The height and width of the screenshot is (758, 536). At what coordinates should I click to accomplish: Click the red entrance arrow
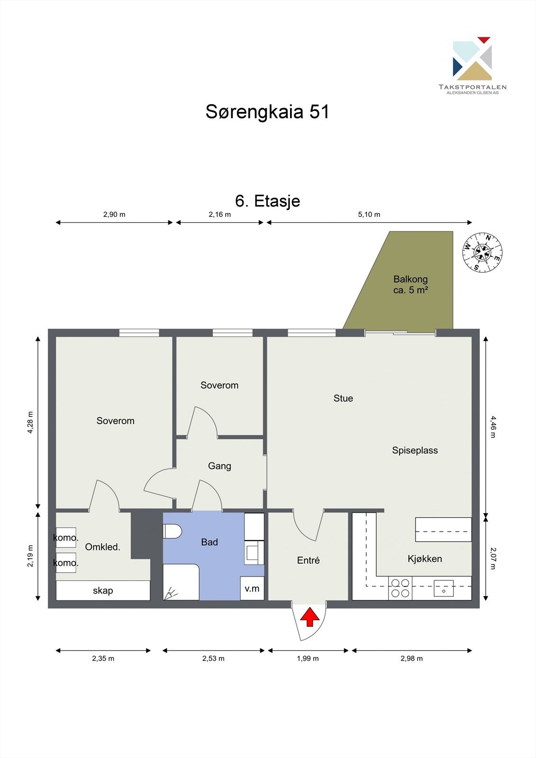[309, 618]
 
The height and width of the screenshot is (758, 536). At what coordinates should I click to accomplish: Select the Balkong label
[410, 279]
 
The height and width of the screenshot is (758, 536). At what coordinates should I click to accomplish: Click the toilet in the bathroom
[172, 531]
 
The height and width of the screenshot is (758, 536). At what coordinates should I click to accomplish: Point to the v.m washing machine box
[252, 588]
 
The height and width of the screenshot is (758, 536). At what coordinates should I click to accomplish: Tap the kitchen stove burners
[400, 588]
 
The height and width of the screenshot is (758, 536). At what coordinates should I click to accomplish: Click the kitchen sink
[444, 588]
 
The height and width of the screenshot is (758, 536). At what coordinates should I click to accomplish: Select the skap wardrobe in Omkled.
[103, 590]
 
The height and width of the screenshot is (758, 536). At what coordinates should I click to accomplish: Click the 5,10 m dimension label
[369, 214]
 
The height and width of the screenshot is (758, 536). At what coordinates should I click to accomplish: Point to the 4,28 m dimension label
[30, 422]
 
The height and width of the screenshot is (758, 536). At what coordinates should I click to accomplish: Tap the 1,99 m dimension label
[308, 659]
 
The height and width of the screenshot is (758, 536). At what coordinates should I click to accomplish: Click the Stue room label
[343, 398]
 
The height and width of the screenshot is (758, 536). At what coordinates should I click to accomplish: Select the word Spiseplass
[415, 451]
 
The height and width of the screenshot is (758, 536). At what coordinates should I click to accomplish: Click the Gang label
[219, 466]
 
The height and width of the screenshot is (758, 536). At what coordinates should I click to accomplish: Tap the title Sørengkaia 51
[267, 112]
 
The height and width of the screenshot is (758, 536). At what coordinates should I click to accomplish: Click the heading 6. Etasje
[267, 201]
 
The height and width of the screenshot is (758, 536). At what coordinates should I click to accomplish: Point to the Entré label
[308, 560]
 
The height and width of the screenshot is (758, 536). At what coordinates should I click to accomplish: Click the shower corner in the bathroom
[181, 583]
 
